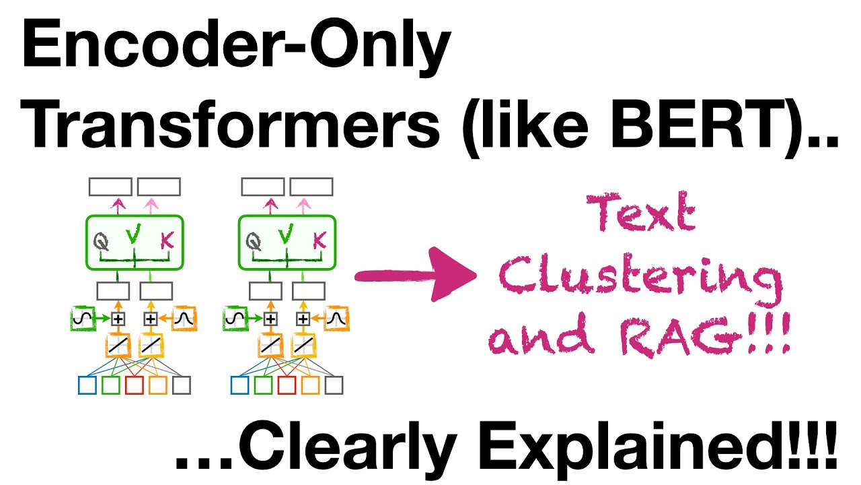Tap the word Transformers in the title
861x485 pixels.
pos(235,128)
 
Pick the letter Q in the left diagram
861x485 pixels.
pos(102,240)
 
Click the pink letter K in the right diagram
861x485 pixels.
pos(320,240)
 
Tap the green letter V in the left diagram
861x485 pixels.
pos(135,234)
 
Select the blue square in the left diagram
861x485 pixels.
pos(87,385)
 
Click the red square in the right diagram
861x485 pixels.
pos(287,385)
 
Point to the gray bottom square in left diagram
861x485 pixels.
pos(182,385)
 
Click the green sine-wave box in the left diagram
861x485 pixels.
pos(81,318)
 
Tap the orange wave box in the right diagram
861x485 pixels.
pos(335,319)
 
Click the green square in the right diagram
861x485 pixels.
pos(263,385)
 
